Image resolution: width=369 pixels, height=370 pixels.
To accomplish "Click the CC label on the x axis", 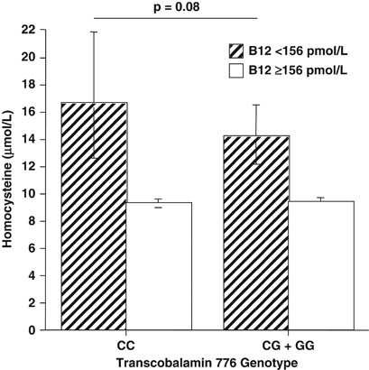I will tap(120, 345).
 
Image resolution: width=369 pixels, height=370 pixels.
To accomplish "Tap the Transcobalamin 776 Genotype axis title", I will tap(191, 360).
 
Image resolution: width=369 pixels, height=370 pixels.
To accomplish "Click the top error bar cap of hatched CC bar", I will tap(94, 32).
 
